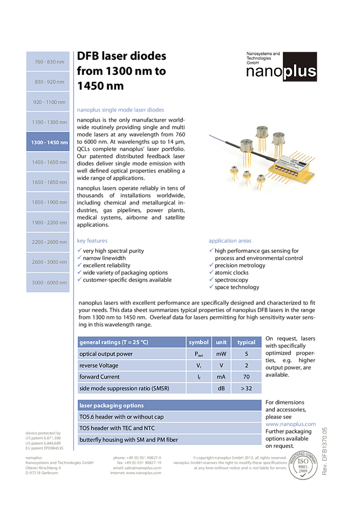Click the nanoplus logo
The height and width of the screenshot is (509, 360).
(281, 67)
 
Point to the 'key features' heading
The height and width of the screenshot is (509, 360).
(93, 241)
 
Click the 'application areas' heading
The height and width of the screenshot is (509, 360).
(230, 241)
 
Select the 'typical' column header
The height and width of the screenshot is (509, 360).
(246, 342)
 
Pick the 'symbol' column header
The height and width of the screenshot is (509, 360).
(199, 342)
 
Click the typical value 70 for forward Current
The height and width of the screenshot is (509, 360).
(246, 377)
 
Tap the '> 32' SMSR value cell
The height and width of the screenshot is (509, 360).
(246, 388)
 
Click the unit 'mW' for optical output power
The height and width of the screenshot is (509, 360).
(221, 354)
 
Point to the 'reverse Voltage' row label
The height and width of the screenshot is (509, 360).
(99, 365)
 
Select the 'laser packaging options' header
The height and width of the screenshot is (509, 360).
(112, 405)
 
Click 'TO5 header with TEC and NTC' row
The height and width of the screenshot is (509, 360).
(117, 428)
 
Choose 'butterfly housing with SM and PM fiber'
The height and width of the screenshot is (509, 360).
(128, 440)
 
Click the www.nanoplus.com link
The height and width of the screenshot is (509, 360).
(290, 424)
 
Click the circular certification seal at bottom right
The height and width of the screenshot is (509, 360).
(303, 465)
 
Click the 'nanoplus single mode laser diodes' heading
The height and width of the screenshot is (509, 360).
(120, 110)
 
